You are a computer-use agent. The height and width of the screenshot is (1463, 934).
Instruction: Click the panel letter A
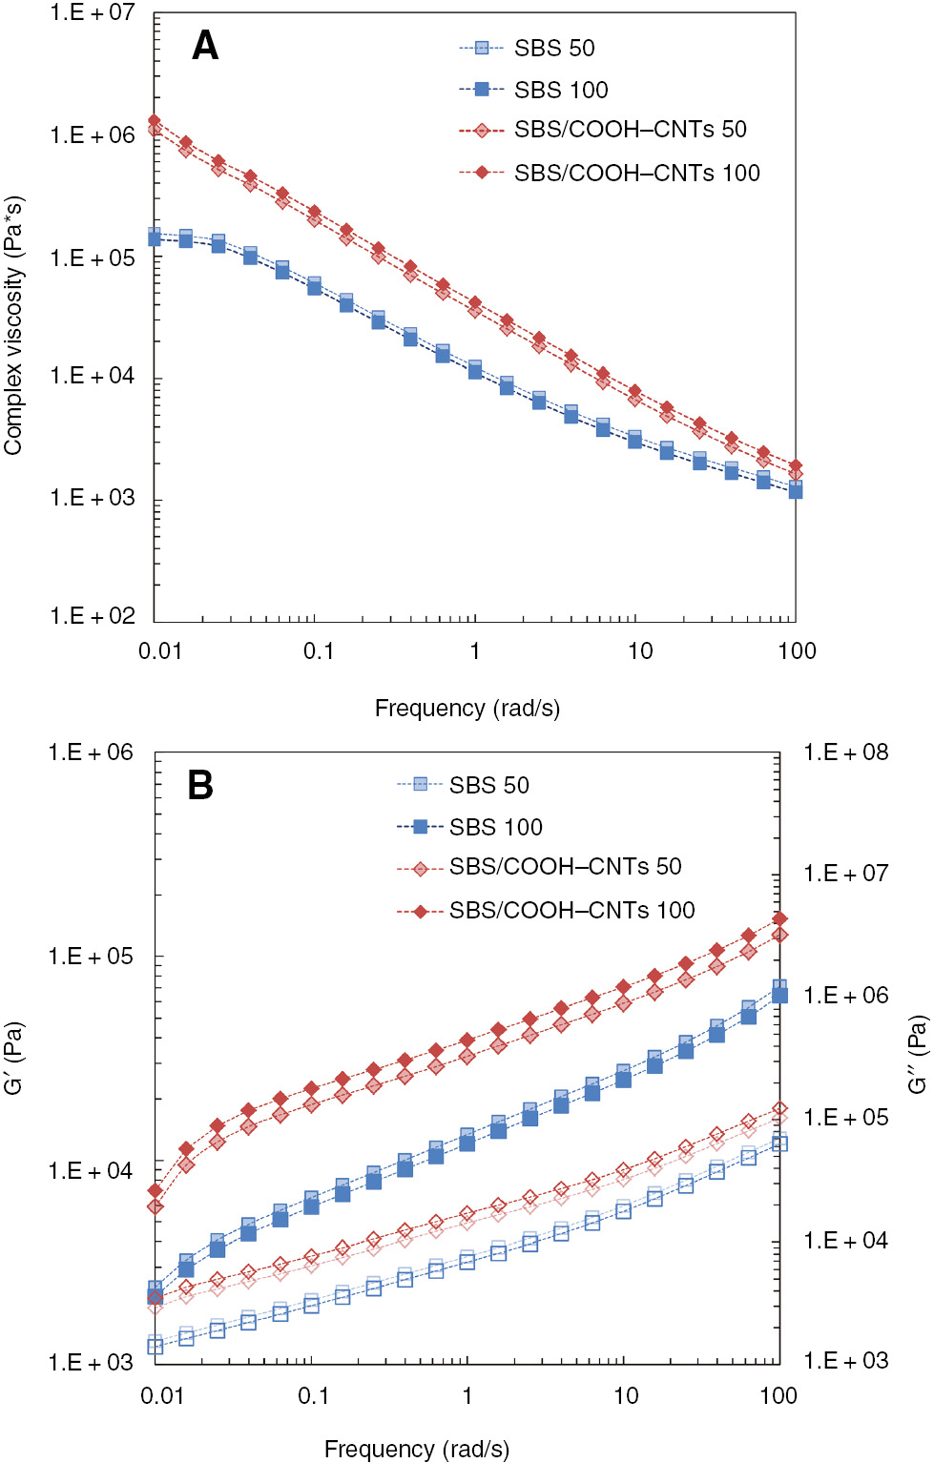coord(205,46)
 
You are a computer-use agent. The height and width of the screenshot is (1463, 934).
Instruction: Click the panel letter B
coord(200,785)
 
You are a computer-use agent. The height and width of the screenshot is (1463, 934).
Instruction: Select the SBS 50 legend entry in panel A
coord(553,48)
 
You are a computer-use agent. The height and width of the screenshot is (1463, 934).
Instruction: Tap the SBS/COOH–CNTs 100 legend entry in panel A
coord(636,173)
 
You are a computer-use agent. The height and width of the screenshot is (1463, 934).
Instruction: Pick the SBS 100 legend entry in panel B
coord(495,827)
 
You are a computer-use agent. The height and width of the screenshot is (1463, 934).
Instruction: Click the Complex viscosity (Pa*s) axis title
coord(13,325)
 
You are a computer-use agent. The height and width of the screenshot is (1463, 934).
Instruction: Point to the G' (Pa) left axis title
coord(13,1058)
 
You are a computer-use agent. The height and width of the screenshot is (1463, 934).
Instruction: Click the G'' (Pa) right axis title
coord(917,1054)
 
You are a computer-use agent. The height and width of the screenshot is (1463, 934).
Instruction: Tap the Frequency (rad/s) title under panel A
coord(467,709)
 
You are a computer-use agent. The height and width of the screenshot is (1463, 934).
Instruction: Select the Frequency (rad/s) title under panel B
coord(416,1449)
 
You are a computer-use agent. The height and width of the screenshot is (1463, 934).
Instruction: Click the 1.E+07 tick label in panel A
coord(93,12)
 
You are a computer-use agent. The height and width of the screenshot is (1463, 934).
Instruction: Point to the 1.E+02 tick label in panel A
coord(93,616)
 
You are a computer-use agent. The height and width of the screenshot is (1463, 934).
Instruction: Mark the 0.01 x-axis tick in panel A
coord(159,651)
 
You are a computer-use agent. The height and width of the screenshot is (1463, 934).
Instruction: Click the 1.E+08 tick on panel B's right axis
coord(845,752)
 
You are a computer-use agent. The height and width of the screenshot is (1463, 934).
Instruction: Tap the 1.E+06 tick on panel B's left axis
coord(91,752)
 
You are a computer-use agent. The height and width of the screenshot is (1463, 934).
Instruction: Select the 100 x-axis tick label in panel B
coord(778,1396)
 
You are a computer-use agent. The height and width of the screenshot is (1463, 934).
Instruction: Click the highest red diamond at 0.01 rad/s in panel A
coord(155,121)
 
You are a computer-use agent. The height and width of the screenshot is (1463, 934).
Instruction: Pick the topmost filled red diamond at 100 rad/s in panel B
coord(779,918)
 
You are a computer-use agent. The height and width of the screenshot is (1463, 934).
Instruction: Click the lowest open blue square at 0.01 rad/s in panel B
coord(156,1347)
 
